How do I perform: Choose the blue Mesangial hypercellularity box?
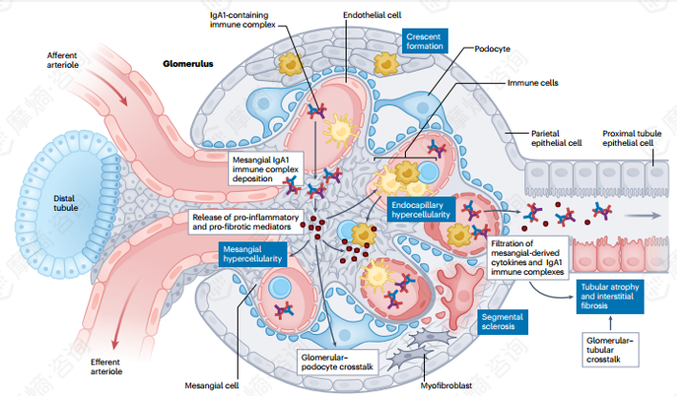pos(252,253)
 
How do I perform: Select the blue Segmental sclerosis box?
pos(503,321)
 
